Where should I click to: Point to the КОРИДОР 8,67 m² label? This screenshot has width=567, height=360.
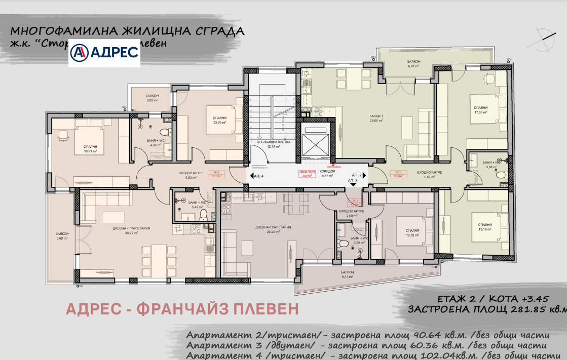327,174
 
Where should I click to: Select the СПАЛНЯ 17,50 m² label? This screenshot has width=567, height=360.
480,110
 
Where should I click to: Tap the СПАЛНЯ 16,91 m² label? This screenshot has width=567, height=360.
90,148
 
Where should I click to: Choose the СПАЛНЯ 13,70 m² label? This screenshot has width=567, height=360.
219,121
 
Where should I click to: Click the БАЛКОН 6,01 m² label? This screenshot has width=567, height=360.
414,64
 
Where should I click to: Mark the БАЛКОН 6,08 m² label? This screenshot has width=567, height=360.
62,236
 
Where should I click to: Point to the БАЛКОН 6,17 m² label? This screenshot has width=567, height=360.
348,274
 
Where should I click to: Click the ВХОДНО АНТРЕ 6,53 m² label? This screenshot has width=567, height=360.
191,176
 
